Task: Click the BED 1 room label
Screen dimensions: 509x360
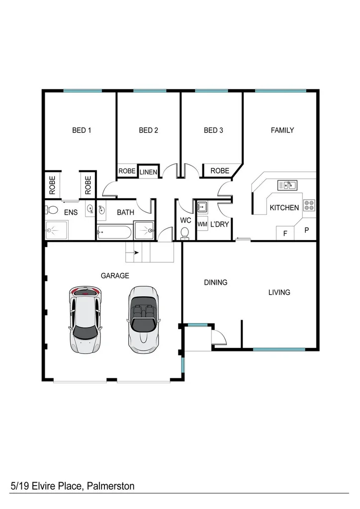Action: click(x=82, y=131)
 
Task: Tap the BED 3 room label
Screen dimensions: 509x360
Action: click(x=213, y=131)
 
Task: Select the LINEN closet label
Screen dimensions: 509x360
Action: click(x=148, y=172)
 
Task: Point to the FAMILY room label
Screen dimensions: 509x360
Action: click(x=282, y=130)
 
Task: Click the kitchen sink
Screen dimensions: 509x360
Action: click(x=287, y=185)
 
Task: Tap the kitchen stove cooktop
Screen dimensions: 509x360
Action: click(x=309, y=205)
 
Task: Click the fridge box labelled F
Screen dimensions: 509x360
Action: click(x=285, y=232)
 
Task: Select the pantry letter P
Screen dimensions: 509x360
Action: click(x=306, y=230)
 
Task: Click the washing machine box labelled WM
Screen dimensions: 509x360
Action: click(x=202, y=224)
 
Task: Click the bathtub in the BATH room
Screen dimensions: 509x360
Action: click(x=114, y=231)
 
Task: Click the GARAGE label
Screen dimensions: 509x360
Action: click(x=115, y=275)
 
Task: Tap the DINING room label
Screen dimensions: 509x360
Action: click(x=216, y=282)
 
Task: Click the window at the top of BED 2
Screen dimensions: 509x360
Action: click(x=149, y=90)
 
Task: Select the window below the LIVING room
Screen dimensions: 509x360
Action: click(x=278, y=349)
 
